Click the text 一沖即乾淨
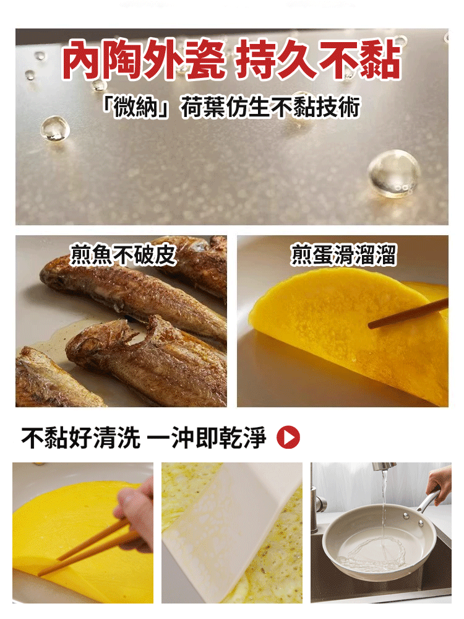[208, 438]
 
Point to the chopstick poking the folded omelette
[408, 314]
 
